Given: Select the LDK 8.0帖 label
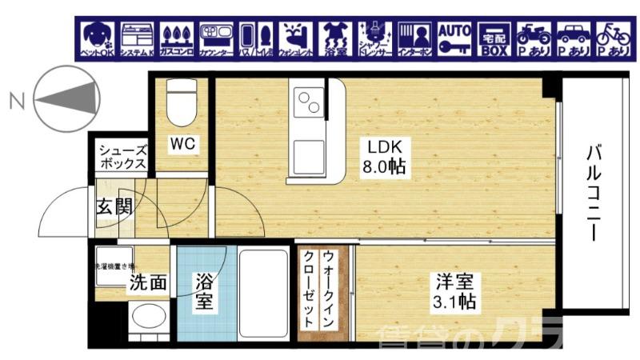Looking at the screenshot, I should point(385,158).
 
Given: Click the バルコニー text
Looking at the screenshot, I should point(593,193).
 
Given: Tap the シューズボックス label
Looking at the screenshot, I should point(122,156).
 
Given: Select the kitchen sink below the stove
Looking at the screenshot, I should point(307,152).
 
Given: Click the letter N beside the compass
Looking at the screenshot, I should point(14,100).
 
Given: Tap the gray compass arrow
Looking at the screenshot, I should point(68,98).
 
